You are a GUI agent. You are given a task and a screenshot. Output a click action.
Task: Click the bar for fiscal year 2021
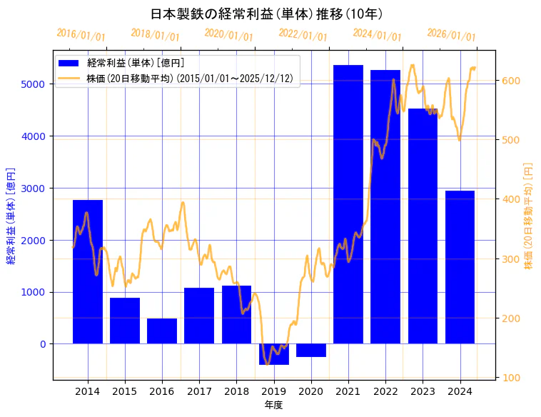[348, 204]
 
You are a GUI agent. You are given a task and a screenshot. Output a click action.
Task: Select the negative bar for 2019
[274, 354]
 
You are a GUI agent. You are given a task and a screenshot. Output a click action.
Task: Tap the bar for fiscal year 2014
[88, 271]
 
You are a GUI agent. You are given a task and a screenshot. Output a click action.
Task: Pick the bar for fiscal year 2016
[162, 331]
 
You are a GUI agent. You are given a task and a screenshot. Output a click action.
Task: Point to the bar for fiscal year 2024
[460, 267]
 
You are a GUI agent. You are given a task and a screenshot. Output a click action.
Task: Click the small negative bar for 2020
[311, 350]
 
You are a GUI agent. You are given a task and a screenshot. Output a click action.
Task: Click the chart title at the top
[267, 14]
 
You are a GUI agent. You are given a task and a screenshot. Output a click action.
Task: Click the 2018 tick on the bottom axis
[236, 392]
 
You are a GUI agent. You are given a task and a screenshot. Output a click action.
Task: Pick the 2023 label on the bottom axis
[423, 392]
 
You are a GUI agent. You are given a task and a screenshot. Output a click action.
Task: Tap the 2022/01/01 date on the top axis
[303, 35]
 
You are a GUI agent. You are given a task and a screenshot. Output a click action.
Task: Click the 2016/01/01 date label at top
[81, 35]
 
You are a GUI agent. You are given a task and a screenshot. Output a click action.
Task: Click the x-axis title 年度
[274, 405]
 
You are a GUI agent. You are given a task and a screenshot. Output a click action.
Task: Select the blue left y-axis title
[11, 216]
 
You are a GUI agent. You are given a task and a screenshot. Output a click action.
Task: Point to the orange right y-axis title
[529, 216]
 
